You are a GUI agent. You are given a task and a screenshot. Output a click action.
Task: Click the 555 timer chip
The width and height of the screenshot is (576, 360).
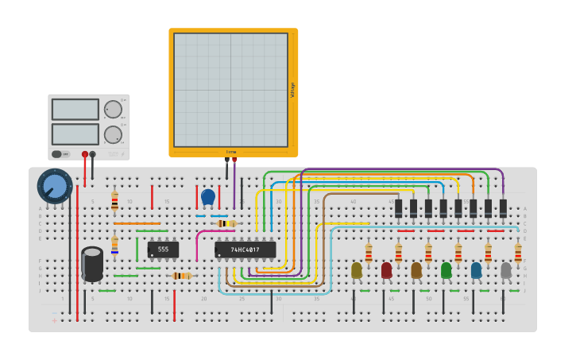click(x=163, y=250)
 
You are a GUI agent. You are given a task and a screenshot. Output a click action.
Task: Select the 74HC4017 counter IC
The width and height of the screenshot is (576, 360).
click(x=245, y=250)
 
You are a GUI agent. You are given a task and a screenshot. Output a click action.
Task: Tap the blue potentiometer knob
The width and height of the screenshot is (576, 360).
click(x=55, y=186)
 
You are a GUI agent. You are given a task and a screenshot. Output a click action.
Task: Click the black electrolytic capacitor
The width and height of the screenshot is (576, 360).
click(x=92, y=264)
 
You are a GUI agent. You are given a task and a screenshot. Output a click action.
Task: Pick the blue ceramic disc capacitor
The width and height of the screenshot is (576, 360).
click(x=208, y=196)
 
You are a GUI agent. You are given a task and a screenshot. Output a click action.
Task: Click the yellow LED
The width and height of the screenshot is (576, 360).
click(x=357, y=270)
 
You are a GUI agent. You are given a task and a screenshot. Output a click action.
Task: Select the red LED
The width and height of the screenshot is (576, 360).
click(x=386, y=270)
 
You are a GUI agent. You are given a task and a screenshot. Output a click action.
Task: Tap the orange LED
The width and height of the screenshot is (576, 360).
click(x=416, y=270)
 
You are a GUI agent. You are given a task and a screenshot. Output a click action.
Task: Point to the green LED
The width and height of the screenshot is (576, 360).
click(x=446, y=270)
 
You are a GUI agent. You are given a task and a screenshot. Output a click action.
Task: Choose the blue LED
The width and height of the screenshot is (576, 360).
click(x=476, y=270)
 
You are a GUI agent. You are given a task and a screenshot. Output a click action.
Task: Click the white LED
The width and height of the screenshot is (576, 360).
click(x=506, y=270)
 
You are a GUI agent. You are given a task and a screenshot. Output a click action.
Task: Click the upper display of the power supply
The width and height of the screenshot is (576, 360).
click(x=75, y=109)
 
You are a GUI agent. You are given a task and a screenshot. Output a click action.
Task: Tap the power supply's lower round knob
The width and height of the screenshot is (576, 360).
click(x=113, y=134)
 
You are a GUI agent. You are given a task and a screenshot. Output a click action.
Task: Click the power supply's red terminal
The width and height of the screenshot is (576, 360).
click(x=85, y=154)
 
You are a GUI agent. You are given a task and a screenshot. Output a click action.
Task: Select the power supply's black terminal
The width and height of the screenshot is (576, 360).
click(x=93, y=154)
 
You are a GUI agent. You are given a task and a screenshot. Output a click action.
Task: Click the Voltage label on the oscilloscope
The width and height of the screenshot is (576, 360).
click(x=292, y=89)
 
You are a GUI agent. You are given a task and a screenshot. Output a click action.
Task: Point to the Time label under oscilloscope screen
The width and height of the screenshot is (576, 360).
click(x=231, y=151)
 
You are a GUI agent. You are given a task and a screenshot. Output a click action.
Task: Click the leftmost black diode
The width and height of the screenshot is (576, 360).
click(x=399, y=208)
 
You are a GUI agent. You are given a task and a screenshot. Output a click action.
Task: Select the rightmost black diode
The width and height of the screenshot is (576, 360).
click(x=503, y=208)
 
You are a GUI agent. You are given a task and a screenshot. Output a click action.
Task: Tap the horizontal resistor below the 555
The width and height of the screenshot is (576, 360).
click(x=182, y=276)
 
